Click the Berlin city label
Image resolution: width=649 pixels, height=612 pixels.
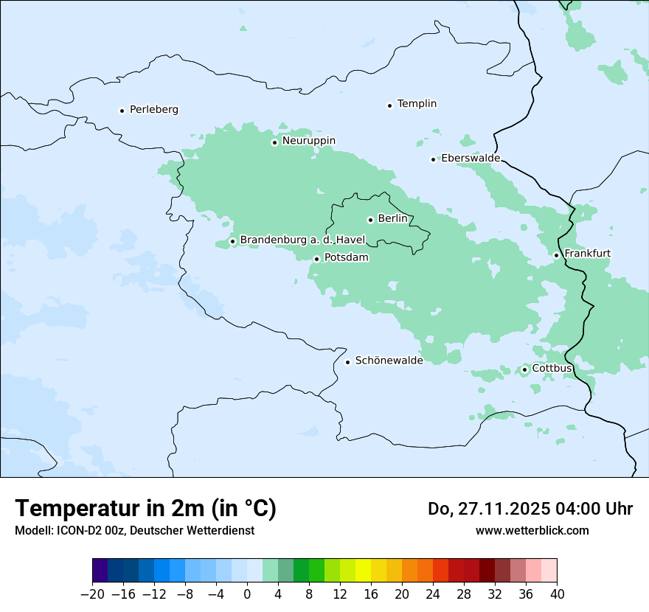(x=392, y=219)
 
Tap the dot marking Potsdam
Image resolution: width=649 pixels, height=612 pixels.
(x=316, y=259)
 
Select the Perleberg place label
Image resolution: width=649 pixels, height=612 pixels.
(x=153, y=110)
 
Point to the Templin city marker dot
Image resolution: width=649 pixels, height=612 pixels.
(x=389, y=105)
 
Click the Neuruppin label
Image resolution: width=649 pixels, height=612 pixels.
(x=308, y=141)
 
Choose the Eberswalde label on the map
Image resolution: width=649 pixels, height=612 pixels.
(x=471, y=159)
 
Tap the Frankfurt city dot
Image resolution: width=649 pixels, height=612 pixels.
(x=557, y=255)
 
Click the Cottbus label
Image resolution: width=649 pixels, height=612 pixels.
(x=552, y=369)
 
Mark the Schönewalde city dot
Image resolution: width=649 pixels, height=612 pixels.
(x=347, y=361)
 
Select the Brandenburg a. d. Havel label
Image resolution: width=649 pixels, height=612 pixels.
(x=298, y=240)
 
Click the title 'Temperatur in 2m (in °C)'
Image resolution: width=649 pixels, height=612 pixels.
(x=146, y=509)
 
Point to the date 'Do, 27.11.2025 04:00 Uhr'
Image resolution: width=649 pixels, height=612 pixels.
(x=530, y=509)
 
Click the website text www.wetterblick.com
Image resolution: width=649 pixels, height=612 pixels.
(x=532, y=531)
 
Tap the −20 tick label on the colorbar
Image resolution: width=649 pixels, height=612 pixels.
(x=93, y=594)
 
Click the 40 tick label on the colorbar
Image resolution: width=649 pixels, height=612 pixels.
(x=557, y=594)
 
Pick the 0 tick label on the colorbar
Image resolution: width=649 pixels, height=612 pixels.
(x=247, y=594)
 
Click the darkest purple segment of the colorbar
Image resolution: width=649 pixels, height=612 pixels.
(x=100, y=571)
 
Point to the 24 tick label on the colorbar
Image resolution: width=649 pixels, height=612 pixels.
(x=433, y=594)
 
